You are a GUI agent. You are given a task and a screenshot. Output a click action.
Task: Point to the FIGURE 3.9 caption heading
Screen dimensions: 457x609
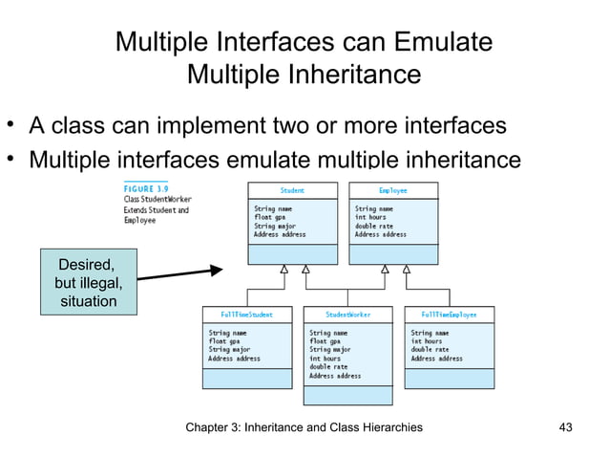click(x=144, y=190)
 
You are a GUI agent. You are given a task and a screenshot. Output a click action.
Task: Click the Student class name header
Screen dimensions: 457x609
click(x=292, y=189)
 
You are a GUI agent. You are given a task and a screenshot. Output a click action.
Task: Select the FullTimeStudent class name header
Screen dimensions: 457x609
click(x=246, y=314)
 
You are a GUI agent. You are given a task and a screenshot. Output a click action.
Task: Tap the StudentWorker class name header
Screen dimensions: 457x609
click(x=347, y=314)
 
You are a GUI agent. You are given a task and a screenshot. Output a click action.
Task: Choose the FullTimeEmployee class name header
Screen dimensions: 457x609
click(x=449, y=314)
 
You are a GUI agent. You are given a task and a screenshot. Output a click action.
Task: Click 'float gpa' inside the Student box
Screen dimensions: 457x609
click(x=271, y=216)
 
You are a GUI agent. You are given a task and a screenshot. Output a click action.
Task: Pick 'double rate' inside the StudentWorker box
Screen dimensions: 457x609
click(x=329, y=367)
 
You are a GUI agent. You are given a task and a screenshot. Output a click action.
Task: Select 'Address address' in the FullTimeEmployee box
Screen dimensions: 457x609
click(x=436, y=359)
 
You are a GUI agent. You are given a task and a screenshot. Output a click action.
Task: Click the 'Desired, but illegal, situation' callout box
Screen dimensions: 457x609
click(x=87, y=281)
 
